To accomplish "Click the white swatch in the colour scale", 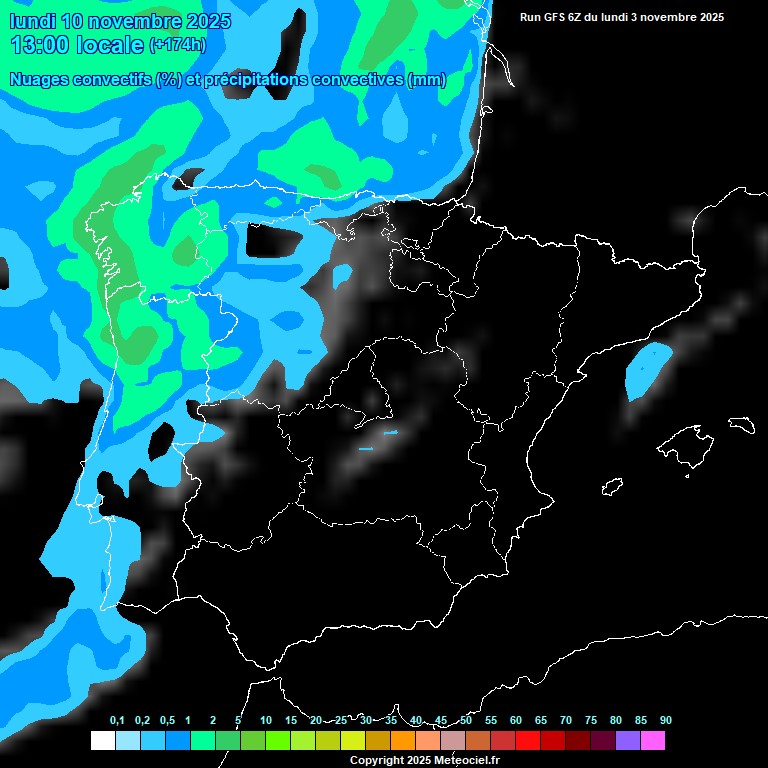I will coord(102,740).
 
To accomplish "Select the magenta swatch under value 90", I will coord(653,740).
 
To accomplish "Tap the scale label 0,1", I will coord(117,721).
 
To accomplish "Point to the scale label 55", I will coord(491,721).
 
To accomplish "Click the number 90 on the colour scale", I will coord(666,721).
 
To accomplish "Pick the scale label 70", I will coord(566,721).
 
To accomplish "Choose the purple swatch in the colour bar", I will coord(628,740).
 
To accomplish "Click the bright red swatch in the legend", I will coord(528,740).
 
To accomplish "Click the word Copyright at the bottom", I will coord(377,760).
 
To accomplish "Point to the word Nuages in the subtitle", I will coord(39,80).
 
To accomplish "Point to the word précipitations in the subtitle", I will coord(250,80).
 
